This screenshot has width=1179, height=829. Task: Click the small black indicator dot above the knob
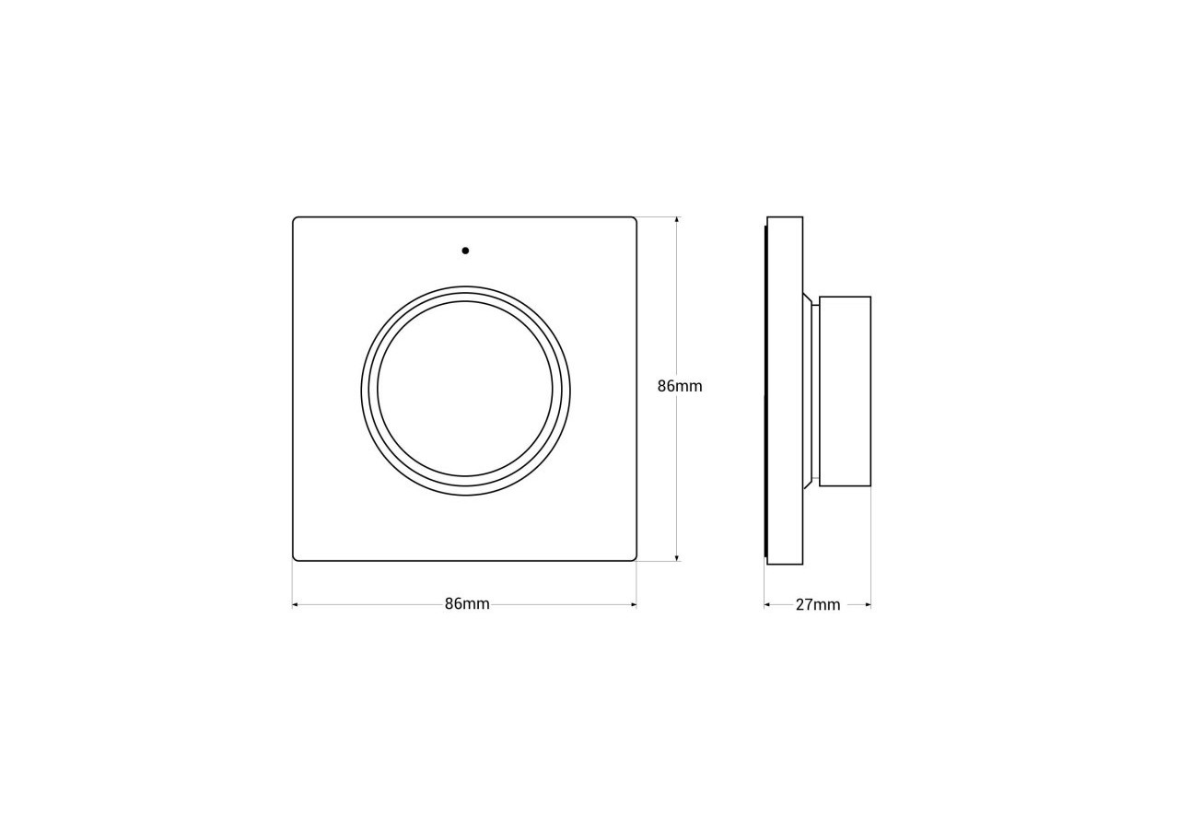coord(465,251)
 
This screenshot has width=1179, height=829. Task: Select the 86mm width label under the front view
coord(467,604)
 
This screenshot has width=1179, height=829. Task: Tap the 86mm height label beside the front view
coord(680,386)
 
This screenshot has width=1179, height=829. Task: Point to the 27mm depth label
coord(818,605)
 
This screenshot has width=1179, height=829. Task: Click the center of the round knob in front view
coord(465,391)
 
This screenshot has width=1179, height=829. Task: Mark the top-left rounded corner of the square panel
coord(296,220)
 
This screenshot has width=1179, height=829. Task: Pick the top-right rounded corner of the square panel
coord(634,220)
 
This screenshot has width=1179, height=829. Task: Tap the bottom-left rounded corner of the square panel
coord(296,557)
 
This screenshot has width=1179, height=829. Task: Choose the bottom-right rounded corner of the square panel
coord(634,557)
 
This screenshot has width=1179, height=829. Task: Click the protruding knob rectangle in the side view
coord(845,391)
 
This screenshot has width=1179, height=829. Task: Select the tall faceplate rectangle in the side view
coord(785,391)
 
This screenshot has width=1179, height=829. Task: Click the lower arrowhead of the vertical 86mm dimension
coord(677,557)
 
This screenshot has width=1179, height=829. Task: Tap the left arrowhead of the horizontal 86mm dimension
coord(296,605)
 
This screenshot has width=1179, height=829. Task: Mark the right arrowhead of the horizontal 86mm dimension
coord(634,605)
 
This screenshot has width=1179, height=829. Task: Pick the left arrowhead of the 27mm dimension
coord(766,605)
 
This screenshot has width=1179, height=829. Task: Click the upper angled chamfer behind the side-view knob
coord(807,298)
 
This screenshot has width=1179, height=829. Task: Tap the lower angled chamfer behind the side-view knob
coord(807,484)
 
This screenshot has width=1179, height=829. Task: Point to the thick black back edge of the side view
coord(765,391)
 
